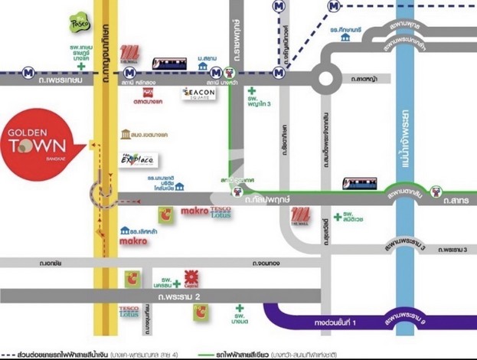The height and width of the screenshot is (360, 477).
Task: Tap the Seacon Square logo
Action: [201, 94]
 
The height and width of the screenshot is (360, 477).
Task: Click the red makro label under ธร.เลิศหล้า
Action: [133, 241]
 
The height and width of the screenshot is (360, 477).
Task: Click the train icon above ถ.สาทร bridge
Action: [359, 184]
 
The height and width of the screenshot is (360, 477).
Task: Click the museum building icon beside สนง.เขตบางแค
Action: [126, 135]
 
